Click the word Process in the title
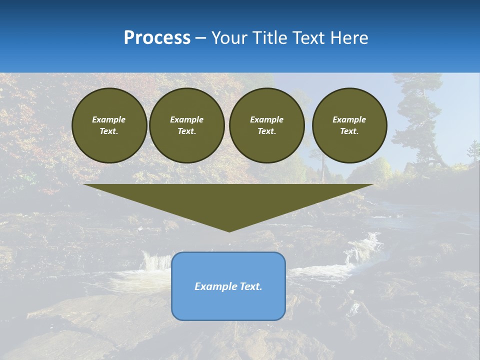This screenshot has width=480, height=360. pos(157,38)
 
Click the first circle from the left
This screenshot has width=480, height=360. pos(109,125)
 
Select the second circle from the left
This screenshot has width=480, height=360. pos(186,125)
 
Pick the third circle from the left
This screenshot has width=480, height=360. pos(266,125)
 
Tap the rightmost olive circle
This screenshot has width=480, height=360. pos(349,125)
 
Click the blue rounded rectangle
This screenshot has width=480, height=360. pos(228,305)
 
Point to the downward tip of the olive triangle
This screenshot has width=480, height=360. pos(229,230)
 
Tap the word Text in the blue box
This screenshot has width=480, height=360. pos(250,286)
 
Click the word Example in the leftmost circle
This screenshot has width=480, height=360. pos(109,119)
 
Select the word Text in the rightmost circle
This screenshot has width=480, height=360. pos(349,131)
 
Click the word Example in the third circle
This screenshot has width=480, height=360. pos(266,119)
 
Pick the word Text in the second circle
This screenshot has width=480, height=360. pos(186,131)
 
